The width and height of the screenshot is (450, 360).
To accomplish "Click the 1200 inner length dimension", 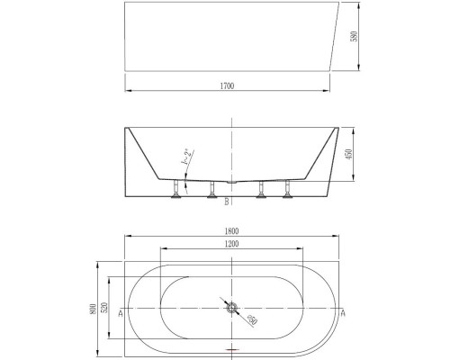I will click(x=231, y=244).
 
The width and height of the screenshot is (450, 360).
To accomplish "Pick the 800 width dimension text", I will click(x=94, y=310).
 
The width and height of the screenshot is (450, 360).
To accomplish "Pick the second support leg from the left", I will click(x=213, y=191).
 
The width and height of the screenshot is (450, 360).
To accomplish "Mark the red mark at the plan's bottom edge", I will click(x=231, y=347).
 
